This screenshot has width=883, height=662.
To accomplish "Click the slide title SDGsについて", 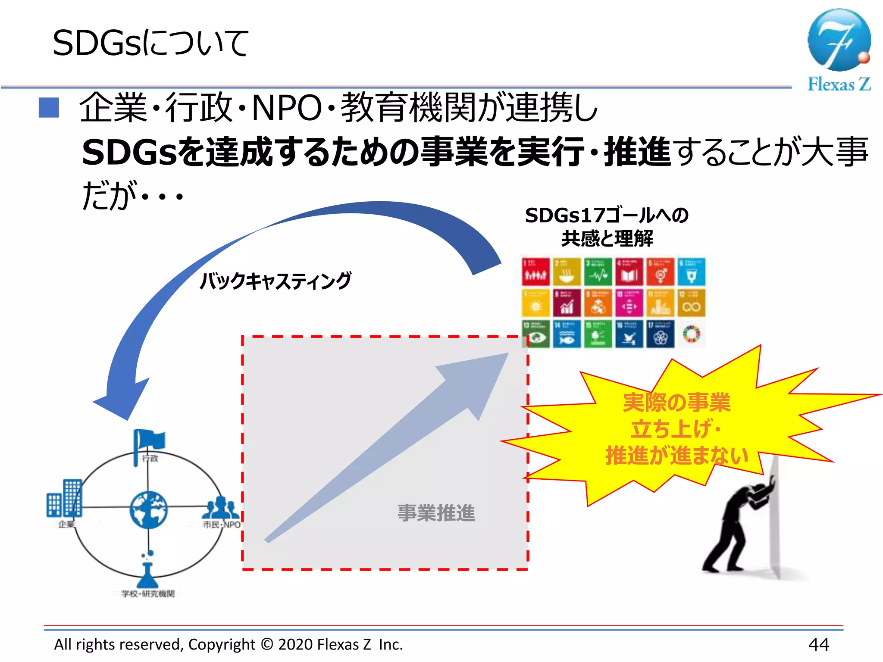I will point(150,44).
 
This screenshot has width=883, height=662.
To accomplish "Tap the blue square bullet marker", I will point(49,107).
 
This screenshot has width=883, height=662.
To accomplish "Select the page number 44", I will point(818,644).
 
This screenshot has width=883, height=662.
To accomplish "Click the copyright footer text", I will point(228,644).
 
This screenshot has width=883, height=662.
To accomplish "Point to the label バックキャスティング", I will point(276,281).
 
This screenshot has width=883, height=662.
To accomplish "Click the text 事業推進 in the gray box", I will point(436,513).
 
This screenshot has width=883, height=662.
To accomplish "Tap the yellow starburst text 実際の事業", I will point(676,403).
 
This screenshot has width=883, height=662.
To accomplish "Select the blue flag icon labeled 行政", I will point(149,442).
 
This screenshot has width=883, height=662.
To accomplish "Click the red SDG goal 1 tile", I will point(535,272).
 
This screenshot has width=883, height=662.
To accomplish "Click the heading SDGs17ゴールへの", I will point(606,215).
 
